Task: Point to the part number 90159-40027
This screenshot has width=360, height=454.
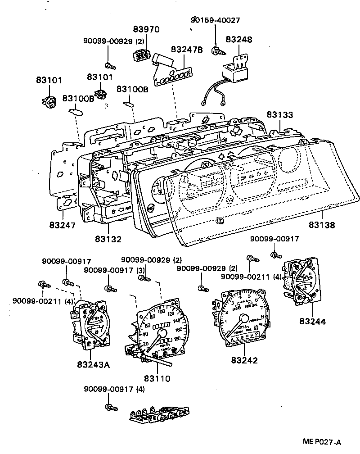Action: [215, 20]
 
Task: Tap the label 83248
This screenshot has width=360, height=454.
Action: [238, 40]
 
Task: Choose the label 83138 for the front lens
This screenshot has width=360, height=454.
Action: [321, 224]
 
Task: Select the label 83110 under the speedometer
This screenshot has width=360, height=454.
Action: [157, 378]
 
